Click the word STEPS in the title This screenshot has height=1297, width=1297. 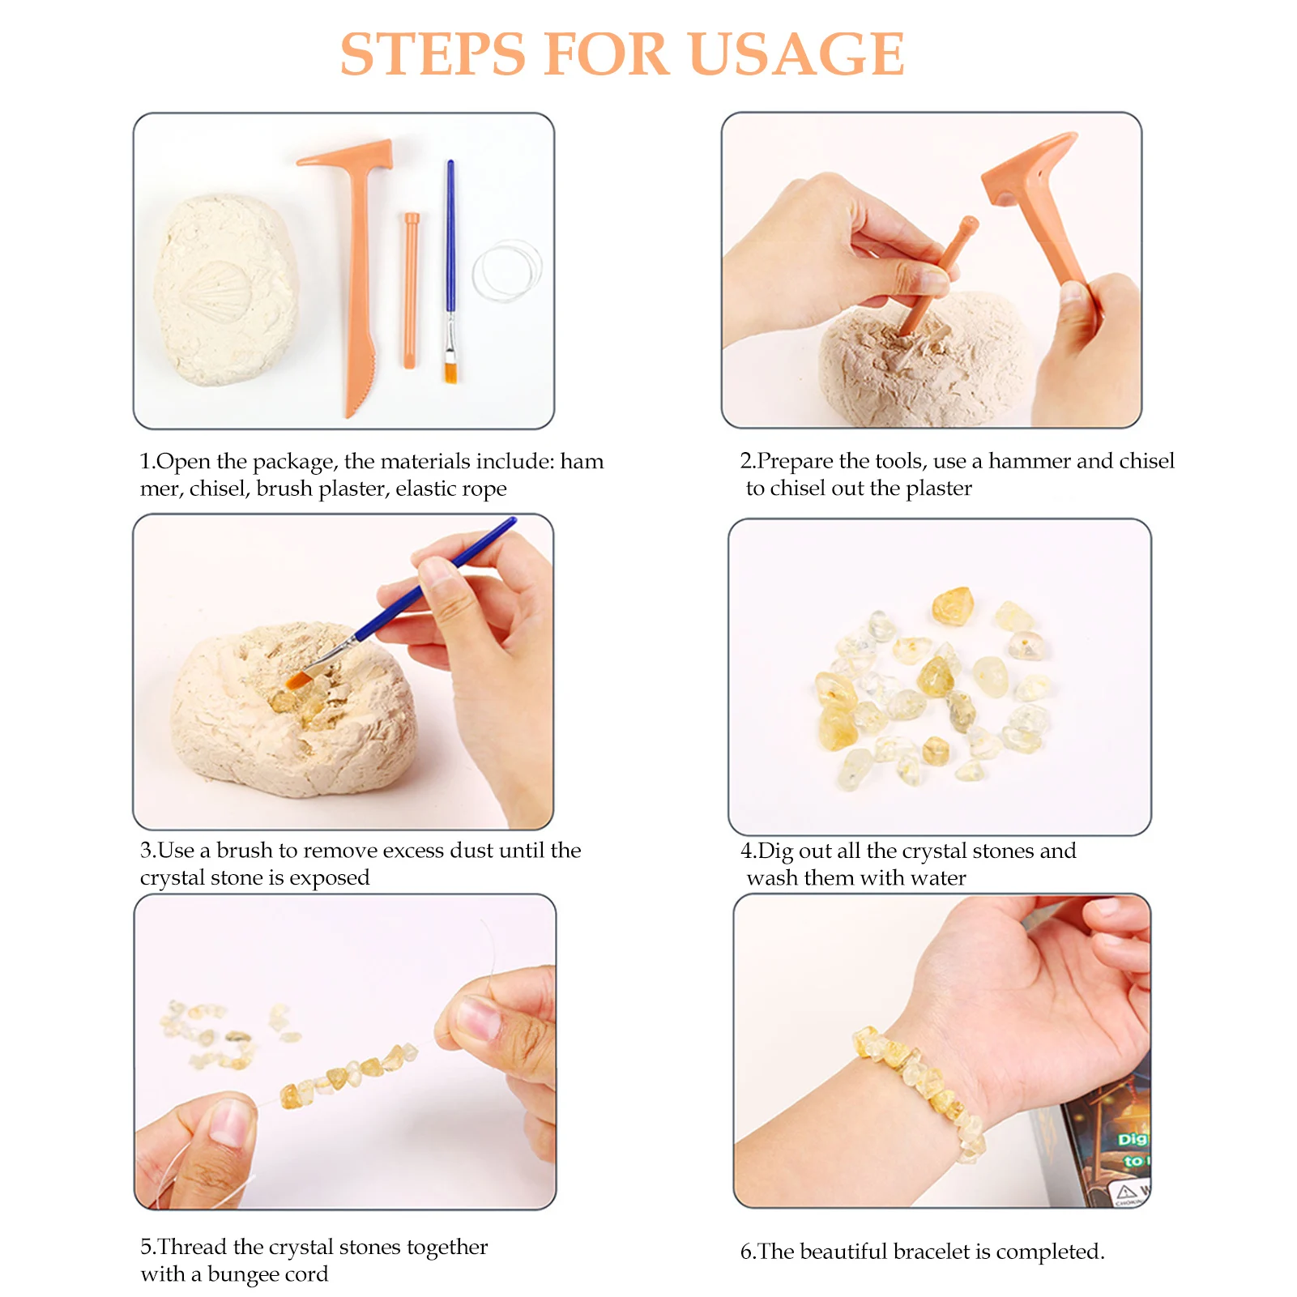(433, 54)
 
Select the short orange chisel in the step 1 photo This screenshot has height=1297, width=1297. (411, 290)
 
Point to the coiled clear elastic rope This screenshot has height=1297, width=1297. (508, 271)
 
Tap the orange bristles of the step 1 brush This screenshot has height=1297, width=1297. (450, 372)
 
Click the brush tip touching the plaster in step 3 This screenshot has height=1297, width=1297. (298, 679)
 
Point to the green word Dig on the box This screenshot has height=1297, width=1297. (1132, 1139)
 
